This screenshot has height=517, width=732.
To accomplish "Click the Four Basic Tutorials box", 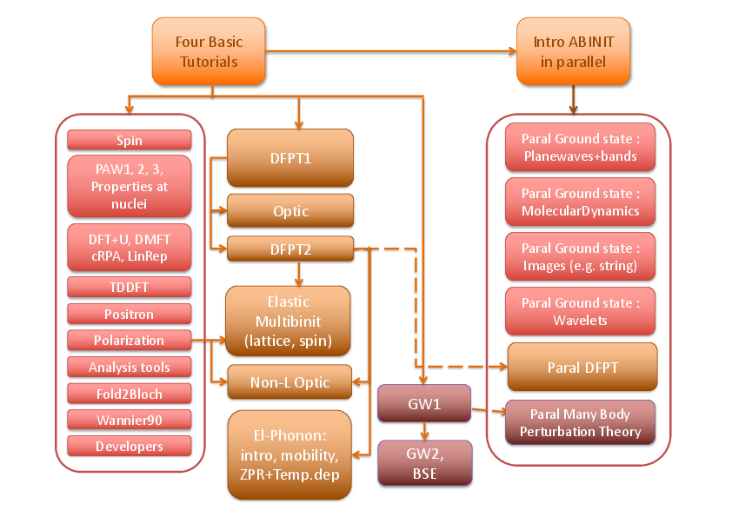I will (x=209, y=51).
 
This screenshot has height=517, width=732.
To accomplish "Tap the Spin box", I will (x=129, y=140).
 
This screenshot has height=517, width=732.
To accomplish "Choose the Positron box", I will (x=129, y=313).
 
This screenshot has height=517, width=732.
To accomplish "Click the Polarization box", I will (x=129, y=340).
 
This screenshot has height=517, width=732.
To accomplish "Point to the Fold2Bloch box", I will (x=129, y=394).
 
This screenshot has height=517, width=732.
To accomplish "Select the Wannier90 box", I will (x=129, y=420).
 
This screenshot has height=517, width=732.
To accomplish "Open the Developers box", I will (x=129, y=446).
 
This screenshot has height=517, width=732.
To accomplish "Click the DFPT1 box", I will (x=290, y=158).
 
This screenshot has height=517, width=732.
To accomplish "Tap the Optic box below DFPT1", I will (x=290, y=211).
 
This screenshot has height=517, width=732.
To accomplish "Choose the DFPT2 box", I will (x=290, y=249).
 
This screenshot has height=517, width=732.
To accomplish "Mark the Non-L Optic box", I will (x=290, y=381).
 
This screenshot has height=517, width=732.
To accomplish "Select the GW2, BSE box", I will (x=425, y=462).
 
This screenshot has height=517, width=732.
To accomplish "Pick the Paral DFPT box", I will (x=582, y=367).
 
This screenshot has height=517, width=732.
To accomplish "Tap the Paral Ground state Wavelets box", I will (x=581, y=312).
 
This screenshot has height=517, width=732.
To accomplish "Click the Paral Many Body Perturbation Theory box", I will (x=581, y=423).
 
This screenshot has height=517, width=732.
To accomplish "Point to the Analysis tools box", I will (x=129, y=367).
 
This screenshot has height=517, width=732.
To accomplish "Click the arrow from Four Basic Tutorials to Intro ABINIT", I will (x=383, y=51).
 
